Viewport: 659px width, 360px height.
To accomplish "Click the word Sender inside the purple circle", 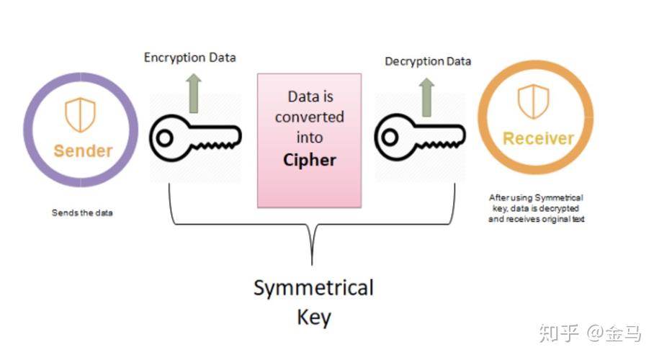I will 82,150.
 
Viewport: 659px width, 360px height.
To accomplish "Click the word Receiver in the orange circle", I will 538,138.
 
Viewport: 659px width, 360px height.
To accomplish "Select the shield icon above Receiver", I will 533,100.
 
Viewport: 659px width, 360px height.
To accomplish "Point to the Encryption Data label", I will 189,57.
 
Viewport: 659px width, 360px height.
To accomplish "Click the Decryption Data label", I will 428,61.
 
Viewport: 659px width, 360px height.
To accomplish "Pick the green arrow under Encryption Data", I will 194,92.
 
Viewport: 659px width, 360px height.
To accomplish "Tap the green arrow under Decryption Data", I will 426,97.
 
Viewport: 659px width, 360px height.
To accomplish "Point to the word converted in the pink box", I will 310,117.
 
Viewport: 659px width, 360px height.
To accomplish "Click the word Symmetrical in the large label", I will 313,289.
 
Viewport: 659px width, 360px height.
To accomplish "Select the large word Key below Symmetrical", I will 313,317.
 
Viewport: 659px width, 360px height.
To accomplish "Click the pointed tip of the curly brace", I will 312,264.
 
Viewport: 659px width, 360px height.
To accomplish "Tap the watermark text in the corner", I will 591,333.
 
